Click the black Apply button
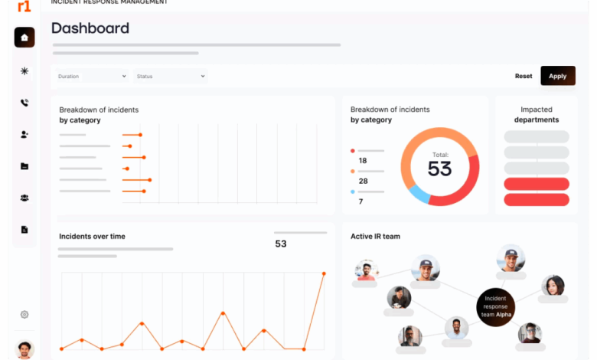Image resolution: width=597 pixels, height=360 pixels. [558, 76]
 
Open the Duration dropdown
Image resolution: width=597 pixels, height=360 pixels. [92, 76]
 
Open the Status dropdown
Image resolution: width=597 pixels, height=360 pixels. [171, 76]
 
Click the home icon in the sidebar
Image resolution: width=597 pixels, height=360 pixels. [24, 38]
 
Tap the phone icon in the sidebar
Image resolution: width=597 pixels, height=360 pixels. [24, 103]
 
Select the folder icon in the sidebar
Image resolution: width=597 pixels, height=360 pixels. [24, 166]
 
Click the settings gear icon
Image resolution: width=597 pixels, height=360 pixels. [24, 314]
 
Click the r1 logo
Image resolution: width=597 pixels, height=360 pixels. [24, 6]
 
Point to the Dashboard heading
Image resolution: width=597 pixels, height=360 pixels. [90, 28]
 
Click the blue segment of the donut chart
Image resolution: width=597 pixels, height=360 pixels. [419, 194]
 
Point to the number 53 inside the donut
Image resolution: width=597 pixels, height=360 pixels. [440, 169]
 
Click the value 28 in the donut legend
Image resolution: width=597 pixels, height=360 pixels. [364, 181]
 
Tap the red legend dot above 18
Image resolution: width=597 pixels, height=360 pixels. [353, 151]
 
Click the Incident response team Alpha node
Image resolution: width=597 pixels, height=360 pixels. [495, 307]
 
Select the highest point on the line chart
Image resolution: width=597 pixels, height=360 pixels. [324, 273]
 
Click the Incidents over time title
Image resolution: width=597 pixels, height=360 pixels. [92, 236]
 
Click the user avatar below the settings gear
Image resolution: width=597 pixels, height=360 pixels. [24, 349]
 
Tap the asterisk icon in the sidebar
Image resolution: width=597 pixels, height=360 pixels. [24, 71]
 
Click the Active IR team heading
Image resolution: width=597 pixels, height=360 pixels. [375, 236]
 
